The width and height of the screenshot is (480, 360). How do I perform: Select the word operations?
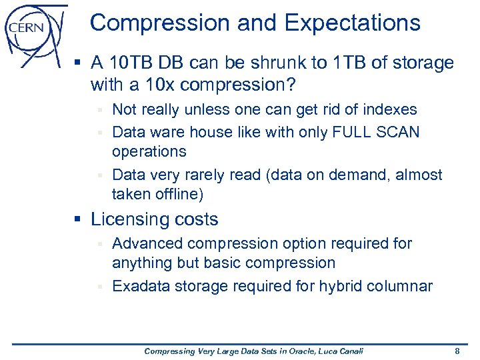coord(149,152)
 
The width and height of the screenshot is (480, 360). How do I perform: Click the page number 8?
coord(457,351)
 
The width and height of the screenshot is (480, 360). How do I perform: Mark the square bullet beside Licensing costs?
coord(83,220)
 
